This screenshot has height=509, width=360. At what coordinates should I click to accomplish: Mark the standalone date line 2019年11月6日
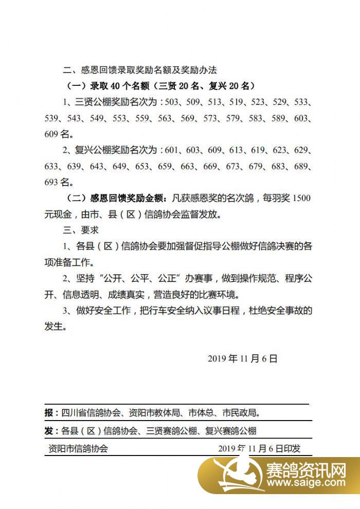click(x=243, y=358)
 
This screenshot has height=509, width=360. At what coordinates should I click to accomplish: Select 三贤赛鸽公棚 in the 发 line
click(x=171, y=430)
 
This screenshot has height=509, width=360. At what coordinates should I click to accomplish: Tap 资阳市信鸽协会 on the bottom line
click(x=77, y=448)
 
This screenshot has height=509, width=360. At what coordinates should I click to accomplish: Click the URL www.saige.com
click(x=307, y=484)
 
